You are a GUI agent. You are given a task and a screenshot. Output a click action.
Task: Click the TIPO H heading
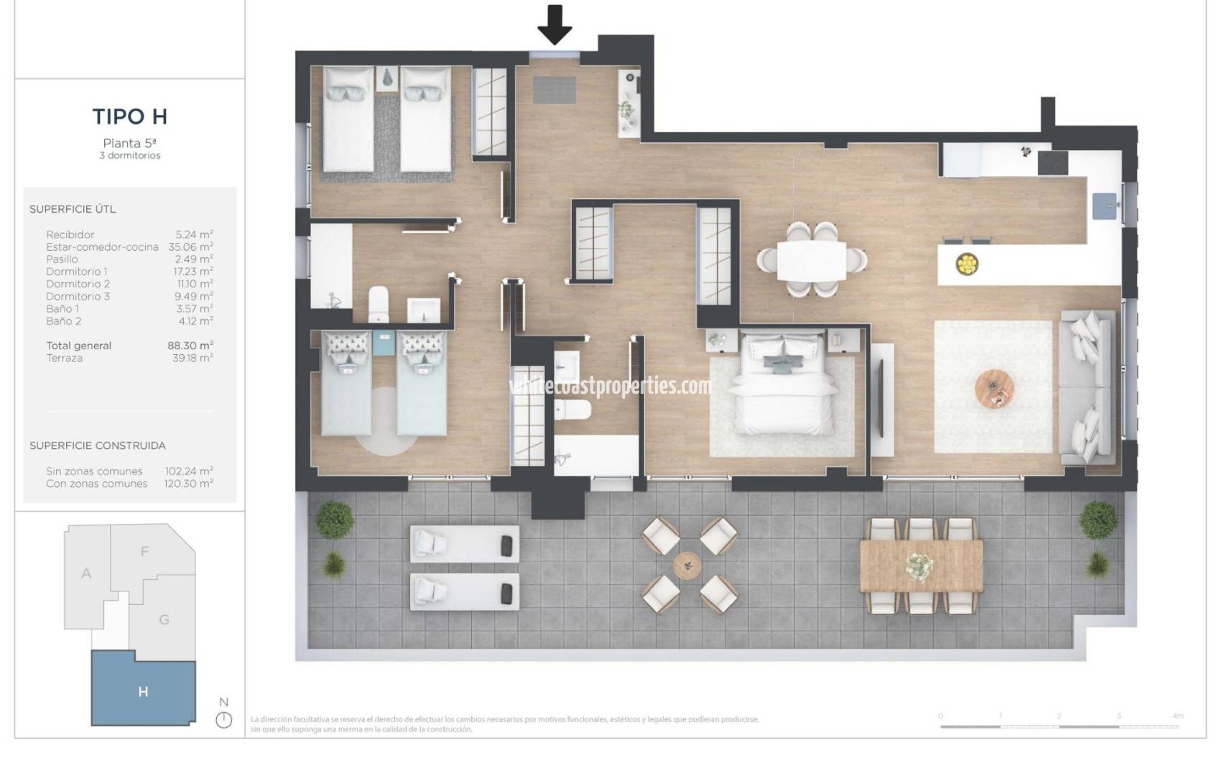click(x=129, y=116)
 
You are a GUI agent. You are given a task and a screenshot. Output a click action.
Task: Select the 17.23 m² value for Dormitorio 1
click(x=194, y=272)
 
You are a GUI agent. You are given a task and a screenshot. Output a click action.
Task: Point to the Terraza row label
click(x=65, y=358)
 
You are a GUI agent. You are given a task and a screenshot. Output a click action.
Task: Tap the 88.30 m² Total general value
click(x=190, y=346)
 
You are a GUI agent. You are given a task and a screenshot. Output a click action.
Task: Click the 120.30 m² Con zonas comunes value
click(x=189, y=484)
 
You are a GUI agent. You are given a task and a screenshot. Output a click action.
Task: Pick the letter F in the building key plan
click(x=144, y=552)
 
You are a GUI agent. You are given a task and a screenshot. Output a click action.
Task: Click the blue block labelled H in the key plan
click(x=143, y=691)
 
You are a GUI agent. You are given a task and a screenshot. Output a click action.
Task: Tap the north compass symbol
click(x=224, y=719)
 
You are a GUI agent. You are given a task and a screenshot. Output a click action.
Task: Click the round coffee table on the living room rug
click(x=995, y=389)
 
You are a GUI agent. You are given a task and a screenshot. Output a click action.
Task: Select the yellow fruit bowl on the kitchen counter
click(x=966, y=264)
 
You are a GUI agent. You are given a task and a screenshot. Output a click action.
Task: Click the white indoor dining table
click(x=812, y=260)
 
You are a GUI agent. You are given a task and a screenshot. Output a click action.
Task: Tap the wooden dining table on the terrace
click(x=921, y=565)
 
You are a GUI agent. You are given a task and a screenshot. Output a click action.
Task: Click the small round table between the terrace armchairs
click(x=687, y=565)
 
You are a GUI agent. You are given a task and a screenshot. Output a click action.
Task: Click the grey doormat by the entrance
click(x=554, y=90)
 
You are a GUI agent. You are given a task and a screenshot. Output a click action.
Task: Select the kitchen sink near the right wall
click(x=1105, y=205)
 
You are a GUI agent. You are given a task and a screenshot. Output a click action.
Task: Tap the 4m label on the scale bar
click(x=1177, y=716)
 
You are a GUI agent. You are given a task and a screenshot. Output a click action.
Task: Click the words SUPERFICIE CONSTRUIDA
click(x=98, y=445)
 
